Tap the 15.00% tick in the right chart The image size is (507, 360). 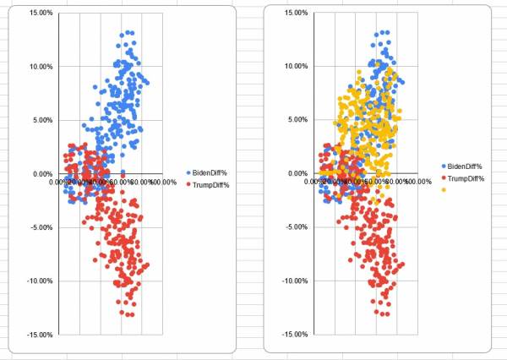coord(295,13)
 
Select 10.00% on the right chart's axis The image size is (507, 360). coord(295,66)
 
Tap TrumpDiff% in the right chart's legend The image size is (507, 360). coord(466,178)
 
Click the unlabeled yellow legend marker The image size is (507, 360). coord(443,189)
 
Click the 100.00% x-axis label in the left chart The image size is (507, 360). coord(162,182)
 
